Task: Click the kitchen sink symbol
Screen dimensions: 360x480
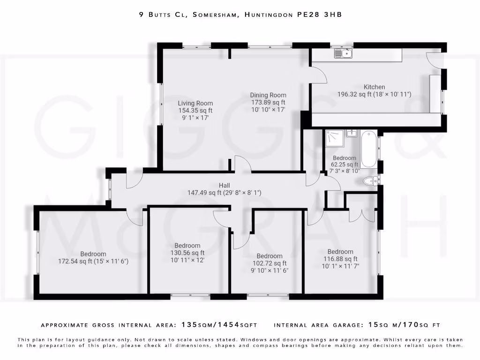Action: tap(344, 53)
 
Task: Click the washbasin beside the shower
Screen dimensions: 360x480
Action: tap(351, 134)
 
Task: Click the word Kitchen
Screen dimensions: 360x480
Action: tap(375, 87)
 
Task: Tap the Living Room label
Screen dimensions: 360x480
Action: tap(195, 103)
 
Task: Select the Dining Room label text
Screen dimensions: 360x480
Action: tap(268, 95)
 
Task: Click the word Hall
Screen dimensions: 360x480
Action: tap(224, 185)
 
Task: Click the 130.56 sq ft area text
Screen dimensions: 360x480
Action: tap(187, 253)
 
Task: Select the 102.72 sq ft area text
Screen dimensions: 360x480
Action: tap(269, 263)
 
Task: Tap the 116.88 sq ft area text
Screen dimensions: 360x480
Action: tap(340, 259)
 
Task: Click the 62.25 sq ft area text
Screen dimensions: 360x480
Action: tap(345, 165)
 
